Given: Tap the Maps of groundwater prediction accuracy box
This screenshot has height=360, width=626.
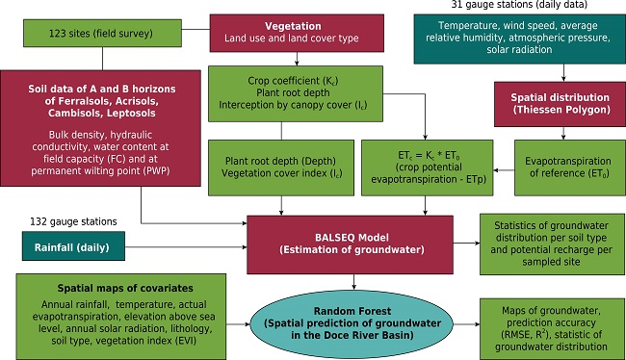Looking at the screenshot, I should [x=547, y=321].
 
